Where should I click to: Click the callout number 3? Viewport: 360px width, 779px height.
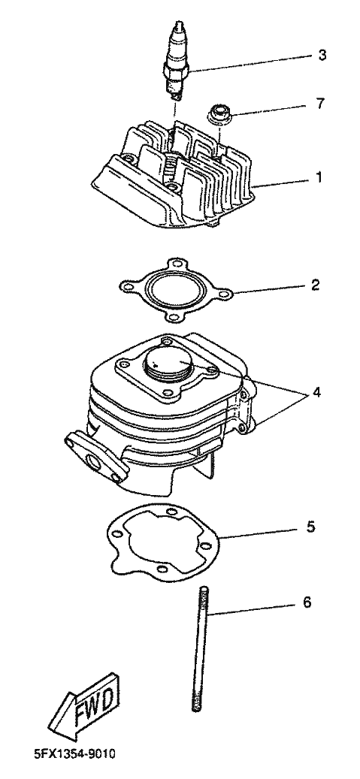click(x=322, y=55)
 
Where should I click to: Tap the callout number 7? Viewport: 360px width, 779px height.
click(x=321, y=104)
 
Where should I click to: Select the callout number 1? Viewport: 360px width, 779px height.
click(x=319, y=177)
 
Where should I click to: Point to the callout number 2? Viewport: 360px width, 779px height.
click(x=315, y=285)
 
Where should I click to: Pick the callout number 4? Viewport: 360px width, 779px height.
click(x=316, y=392)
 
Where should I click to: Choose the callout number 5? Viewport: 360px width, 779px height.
click(x=311, y=527)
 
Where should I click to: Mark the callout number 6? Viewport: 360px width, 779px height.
click(x=307, y=602)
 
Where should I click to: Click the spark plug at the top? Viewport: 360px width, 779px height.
click(x=177, y=59)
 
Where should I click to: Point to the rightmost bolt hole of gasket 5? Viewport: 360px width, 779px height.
click(x=208, y=546)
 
